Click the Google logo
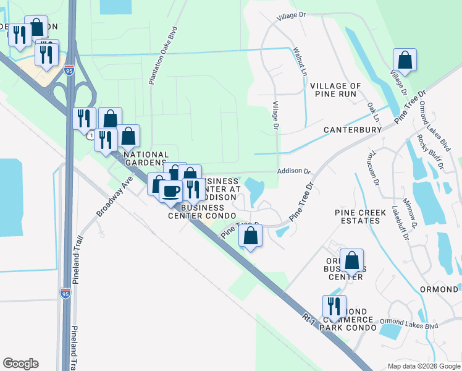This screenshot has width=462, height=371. (x=20, y=364)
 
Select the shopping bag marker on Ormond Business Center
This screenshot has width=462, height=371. (x=351, y=261)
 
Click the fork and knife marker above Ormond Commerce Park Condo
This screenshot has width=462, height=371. (x=334, y=307)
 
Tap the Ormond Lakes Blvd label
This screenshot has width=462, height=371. (x=409, y=322)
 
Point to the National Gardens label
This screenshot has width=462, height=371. (x=146, y=159)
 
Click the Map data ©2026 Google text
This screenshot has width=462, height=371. (x=422, y=365)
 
